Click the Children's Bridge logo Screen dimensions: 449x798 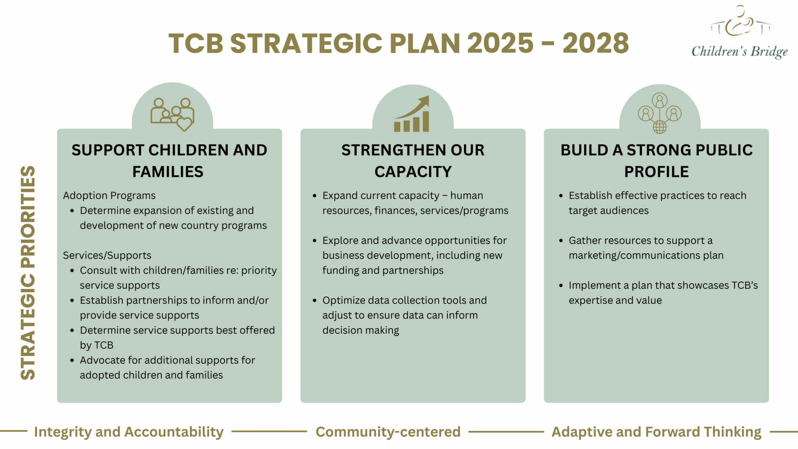[x=739, y=33]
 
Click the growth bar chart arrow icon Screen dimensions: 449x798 [x=412, y=114]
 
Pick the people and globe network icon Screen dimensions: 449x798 [x=659, y=113]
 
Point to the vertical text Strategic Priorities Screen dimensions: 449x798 [x=28, y=273]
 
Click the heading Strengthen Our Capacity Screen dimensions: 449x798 [x=413, y=161]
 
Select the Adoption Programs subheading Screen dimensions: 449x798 [x=109, y=195]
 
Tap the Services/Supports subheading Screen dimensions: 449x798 [x=107, y=255]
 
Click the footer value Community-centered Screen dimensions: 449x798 [x=388, y=432]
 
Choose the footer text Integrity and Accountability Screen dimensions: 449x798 [x=129, y=432]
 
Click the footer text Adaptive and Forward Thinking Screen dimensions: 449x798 [x=656, y=432]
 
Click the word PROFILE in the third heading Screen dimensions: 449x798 [x=656, y=171]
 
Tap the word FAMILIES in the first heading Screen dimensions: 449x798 [x=168, y=171]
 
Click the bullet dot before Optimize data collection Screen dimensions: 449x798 [x=314, y=301]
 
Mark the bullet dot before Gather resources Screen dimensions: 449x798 [x=561, y=240]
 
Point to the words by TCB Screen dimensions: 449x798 [x=97, y=345]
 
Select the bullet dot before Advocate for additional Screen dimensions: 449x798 [x=72, y=361]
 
